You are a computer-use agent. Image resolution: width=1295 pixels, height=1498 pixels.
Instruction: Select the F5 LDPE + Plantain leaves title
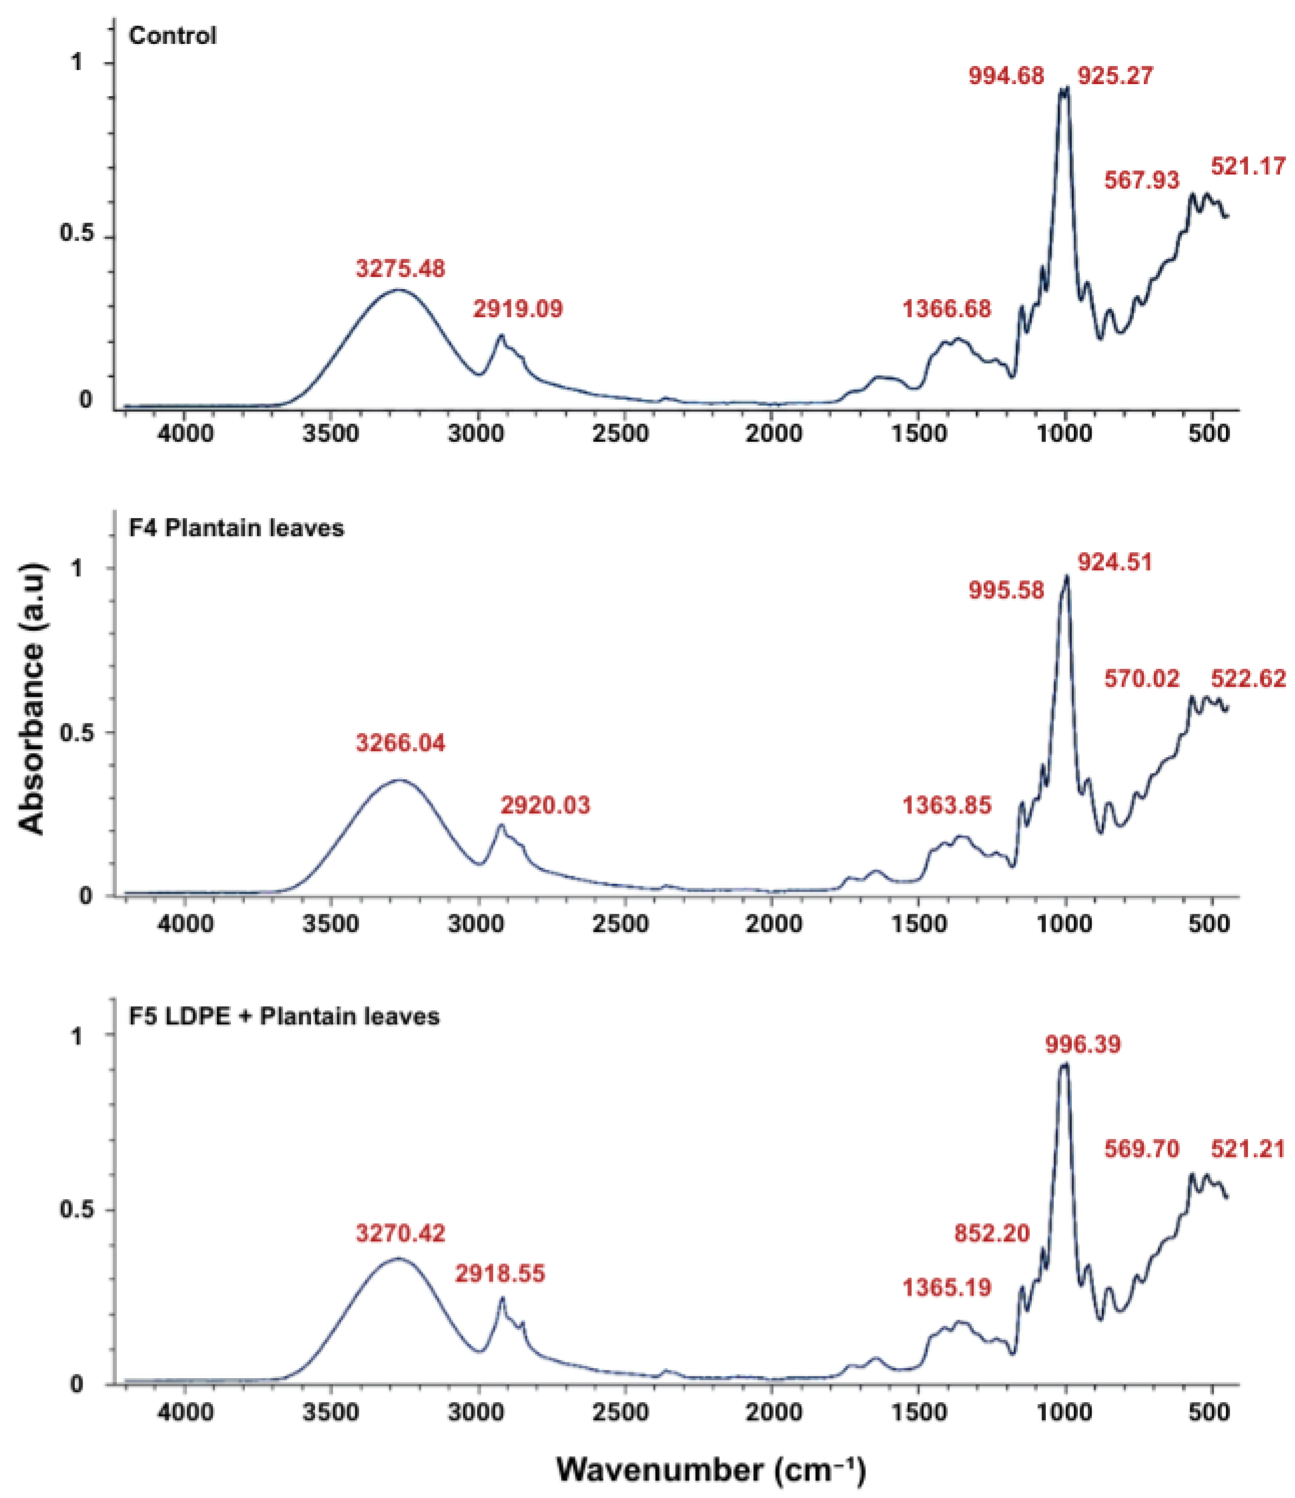284,1017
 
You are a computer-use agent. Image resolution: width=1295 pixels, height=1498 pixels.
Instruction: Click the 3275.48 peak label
400,269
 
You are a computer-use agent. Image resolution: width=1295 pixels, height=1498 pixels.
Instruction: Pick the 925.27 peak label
1115,75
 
